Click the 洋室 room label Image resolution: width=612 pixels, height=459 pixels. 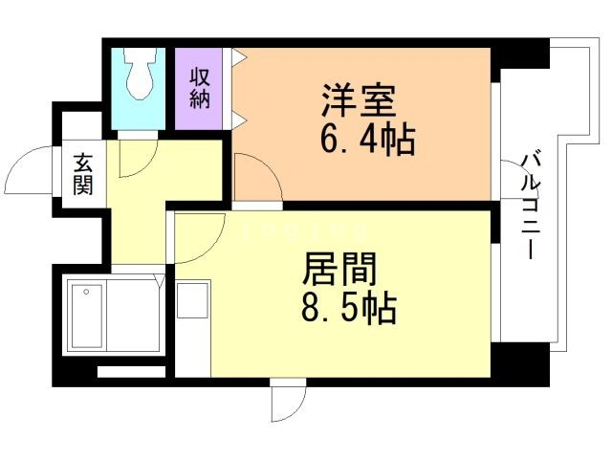click(359, 100)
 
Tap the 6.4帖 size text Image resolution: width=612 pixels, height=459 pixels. click(366, 141)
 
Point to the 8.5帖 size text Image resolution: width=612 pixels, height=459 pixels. click(347, 309)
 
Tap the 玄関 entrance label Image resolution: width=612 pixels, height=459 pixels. click(82, 173)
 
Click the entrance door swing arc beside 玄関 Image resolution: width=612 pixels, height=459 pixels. click(29, 171)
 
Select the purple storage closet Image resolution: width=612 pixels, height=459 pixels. click(199, 88)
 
